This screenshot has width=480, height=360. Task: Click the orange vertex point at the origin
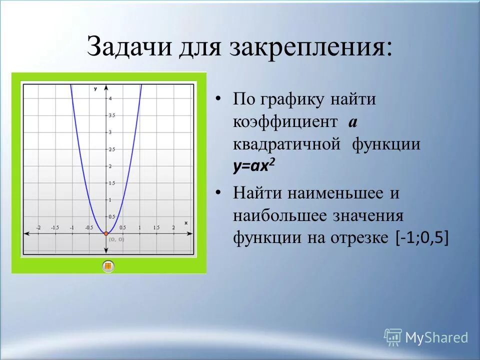tap(105, 233)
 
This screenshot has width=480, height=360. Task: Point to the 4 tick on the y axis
tap(110, 98)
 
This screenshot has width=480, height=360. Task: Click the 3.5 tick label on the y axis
tap(112, 115)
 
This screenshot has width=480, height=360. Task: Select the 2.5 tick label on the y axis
tap(112, 149)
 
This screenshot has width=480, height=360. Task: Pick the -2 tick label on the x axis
tap(38, 227)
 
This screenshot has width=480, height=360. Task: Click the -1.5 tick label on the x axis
tap(55, 227)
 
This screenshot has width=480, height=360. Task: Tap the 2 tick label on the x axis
tap(173, 227)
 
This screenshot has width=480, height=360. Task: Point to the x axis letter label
tap(186, 222)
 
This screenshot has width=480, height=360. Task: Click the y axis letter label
tap(95, 89)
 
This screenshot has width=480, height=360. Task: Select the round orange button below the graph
tap(108, 266)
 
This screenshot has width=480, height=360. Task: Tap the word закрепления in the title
tap(310, 47)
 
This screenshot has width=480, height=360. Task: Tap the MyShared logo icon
tap(392, 337)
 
